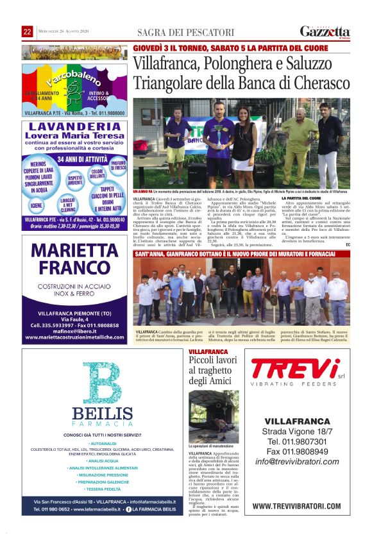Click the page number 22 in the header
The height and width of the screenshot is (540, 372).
[27, 32]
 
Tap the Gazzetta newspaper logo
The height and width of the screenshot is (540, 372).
[325, 31]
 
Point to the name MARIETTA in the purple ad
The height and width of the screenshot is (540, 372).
[74, 250]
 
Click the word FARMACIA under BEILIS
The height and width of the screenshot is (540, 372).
[102, 424]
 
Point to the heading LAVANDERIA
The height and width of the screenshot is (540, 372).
[75, 126]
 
